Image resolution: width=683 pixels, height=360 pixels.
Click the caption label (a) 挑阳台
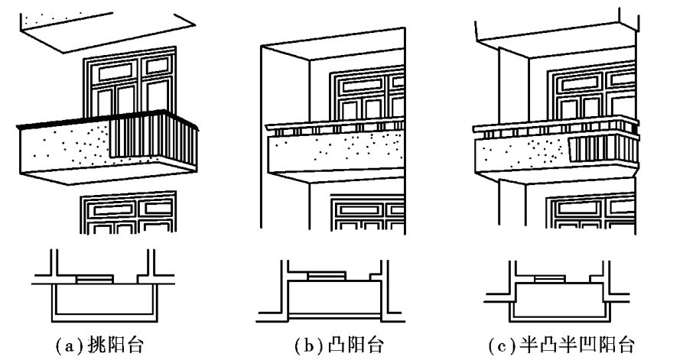click(99, 345)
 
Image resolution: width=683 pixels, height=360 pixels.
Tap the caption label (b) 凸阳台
click(339, 345)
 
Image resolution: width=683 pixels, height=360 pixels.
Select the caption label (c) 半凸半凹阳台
click(561, 345)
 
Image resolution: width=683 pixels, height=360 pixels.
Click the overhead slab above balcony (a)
click(108, 32)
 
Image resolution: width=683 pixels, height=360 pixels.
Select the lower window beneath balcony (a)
click(128, 212)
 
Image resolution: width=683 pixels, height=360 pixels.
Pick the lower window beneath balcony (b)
click(368, 214)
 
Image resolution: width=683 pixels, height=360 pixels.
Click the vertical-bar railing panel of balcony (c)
click(603, 149)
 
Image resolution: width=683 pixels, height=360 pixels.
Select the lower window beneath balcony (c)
click(591, 213)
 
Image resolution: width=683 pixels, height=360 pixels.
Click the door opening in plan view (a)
click(95, 279)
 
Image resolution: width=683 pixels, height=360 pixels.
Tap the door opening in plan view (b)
click(327, 277)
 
